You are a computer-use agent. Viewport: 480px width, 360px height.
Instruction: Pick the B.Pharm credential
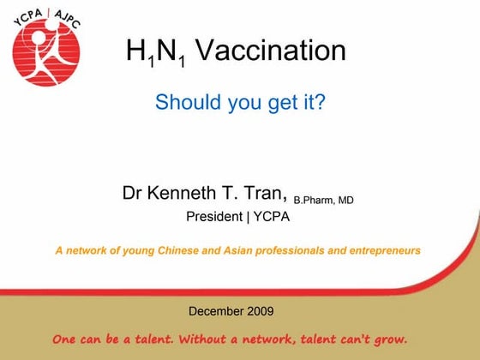click(x=313, y=200)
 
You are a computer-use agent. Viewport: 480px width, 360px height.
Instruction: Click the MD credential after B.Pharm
click(x=345, y=200)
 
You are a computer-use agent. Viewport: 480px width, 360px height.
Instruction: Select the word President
click(x=214, y=216)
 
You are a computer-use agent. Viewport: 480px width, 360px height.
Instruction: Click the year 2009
click(x=261, y=310)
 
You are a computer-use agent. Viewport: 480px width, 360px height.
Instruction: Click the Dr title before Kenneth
click(x=133, y=193)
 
